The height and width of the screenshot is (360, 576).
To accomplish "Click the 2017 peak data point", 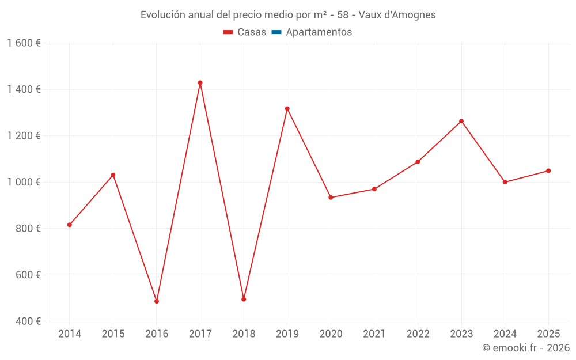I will click(200, 82).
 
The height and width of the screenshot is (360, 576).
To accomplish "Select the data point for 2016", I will click(157, 301).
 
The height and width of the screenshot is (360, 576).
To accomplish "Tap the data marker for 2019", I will click(287, 108).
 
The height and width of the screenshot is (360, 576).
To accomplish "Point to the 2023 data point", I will click(461, 121).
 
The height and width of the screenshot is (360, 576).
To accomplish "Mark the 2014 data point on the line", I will click(70, 225).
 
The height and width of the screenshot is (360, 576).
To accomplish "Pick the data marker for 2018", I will click(244, 299).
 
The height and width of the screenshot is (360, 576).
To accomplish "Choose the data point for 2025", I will click(548, 170).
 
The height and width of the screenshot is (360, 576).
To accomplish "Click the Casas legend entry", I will click(245, 32).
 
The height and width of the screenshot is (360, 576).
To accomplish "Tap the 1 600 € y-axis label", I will click(24, 43).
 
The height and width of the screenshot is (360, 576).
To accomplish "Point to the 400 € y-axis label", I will click(27, 321).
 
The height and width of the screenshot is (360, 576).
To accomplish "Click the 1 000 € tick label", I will click(24, 182).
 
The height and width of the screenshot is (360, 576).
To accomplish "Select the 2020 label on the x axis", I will click(331, 334).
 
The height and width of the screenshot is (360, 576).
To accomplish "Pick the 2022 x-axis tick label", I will click(418, 334).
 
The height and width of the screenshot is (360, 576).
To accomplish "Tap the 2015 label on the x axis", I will click(113, 334).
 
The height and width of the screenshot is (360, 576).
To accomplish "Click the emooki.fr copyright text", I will click(525, 348).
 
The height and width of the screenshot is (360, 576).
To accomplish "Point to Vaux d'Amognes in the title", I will click(397, 15).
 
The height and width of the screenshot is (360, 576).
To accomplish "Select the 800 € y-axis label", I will click(27, 229).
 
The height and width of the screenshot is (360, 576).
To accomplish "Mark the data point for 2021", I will click(374, 189).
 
